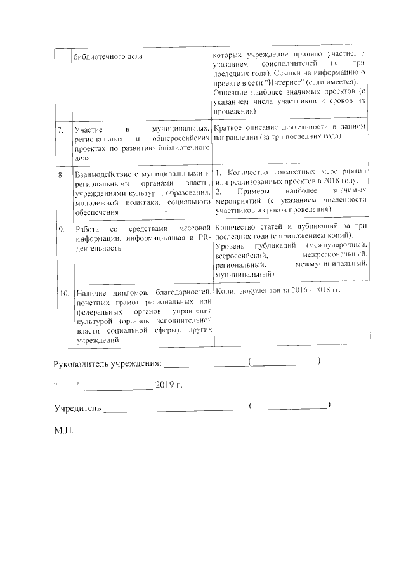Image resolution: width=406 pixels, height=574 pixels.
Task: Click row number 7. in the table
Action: [60, 129]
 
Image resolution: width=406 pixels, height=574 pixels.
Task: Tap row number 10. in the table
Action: [63, 294]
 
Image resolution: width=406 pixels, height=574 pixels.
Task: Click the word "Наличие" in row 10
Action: [89, 294]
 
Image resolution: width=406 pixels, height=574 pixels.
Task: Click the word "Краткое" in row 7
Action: [231, 127]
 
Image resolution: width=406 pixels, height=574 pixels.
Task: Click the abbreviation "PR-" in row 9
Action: [204, 238]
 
